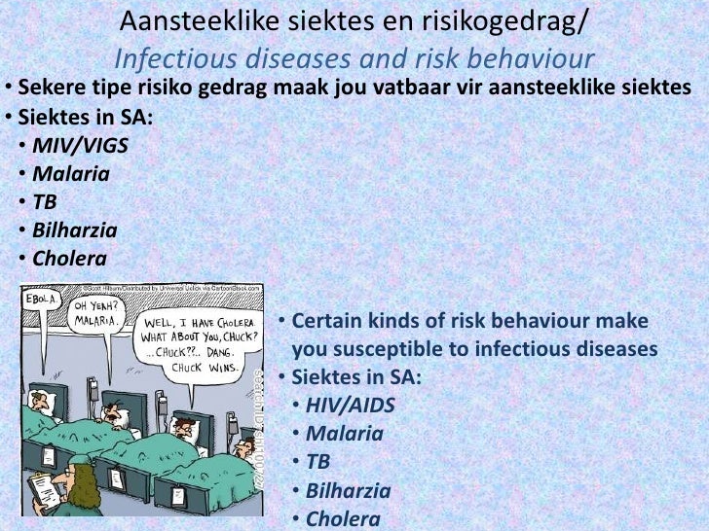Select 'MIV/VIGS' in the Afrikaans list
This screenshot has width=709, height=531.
[x=79, y=148]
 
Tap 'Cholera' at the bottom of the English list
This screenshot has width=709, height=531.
[x=343, y=519]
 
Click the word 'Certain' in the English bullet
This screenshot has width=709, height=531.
[x=327, y=322]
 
